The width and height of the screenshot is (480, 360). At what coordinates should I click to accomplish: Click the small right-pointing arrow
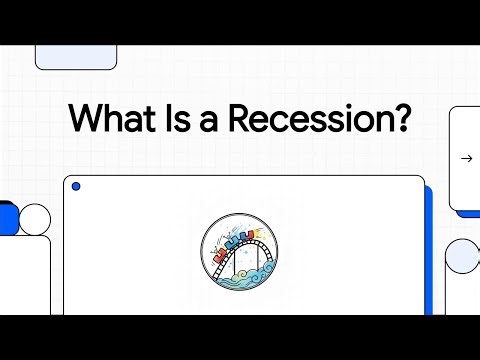[x=466, y=158]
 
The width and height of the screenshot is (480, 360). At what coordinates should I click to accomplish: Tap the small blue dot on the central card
[x=76, y=187]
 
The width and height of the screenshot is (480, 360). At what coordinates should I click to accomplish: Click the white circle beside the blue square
[x=35, y=218]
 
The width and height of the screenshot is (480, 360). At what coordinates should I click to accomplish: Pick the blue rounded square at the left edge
[x=8, y=217]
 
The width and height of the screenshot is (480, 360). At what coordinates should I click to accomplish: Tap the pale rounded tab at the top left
[x=69, y=57]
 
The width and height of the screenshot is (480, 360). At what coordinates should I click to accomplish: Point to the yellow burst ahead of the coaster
[x=263, y=234]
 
